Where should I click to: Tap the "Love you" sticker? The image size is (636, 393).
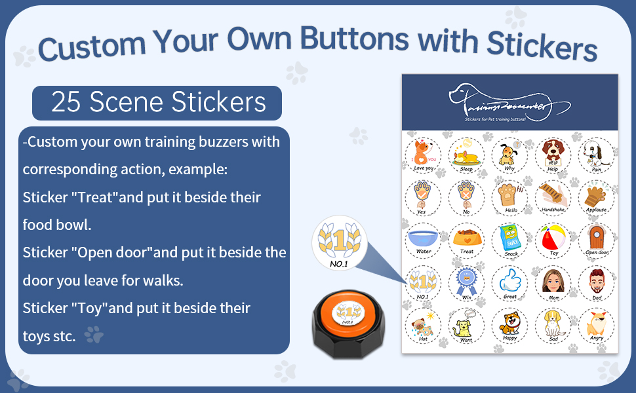423,155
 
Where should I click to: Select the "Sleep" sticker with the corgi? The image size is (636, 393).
466,155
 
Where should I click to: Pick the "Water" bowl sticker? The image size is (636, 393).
423,240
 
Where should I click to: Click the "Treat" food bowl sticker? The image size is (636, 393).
466,240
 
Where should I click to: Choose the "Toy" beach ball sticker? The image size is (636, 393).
553,240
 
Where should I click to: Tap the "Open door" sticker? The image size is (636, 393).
597,240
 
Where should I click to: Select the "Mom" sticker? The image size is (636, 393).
553,282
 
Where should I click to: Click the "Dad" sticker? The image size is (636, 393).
597,282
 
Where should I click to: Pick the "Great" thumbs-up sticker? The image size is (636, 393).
509,282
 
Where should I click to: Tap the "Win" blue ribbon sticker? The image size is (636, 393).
466,282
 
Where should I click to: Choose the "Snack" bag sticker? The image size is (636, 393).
509,240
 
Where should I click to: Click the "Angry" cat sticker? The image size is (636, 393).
597,325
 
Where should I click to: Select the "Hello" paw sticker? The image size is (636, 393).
509,197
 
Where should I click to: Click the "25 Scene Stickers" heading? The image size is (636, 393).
157,103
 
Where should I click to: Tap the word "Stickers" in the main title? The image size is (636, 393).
541,45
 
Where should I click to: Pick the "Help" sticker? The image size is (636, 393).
553,155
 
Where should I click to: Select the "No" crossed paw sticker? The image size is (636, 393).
466,197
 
